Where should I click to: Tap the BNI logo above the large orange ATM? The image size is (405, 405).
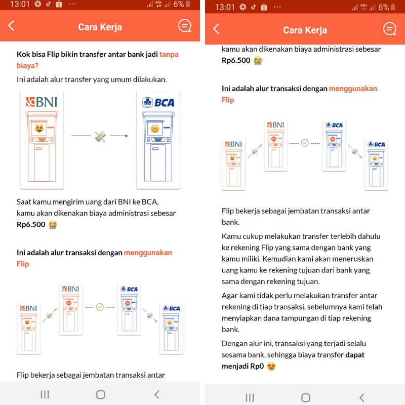(x=42, y=102)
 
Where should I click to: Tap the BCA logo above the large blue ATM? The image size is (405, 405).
(x=158, y=102)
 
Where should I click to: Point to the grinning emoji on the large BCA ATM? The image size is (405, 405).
(x=155, y=130)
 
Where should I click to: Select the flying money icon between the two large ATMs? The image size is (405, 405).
(x=100, y=136)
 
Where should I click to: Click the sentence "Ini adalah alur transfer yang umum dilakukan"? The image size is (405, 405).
(x=91, y=79)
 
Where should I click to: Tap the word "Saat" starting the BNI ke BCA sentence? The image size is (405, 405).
(x=25, y=201)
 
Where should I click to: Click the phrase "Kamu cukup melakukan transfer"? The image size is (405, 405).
(x=271, y=236)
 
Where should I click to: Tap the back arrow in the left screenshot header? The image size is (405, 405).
(x=12, y=26)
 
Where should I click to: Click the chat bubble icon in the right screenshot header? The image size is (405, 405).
(x=389, y=29)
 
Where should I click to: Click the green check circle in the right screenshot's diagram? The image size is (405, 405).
(x=305, y=143)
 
